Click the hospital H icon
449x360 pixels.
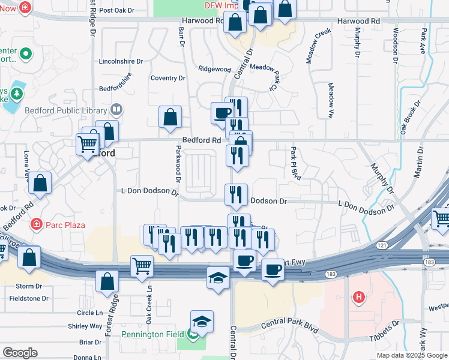tap(359, 296)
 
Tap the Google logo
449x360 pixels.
tap(20, 352)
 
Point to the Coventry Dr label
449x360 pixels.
tap(168, 78)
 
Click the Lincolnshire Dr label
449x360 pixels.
tap(121, 61)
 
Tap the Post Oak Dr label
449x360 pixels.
tap(115, 10)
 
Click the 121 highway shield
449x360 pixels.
tap(382, 245)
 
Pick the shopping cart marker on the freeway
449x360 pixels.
tap(142, 265)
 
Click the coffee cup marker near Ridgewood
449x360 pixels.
tap(222, 112)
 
